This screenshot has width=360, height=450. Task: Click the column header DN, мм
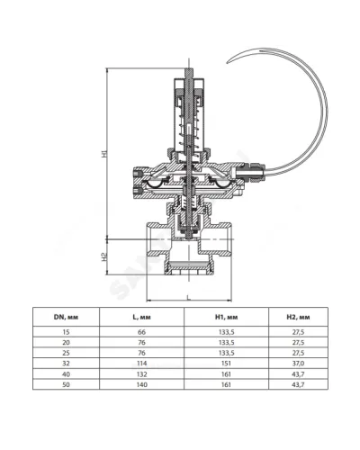click(66, 317)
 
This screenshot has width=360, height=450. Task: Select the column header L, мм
click(141, 317)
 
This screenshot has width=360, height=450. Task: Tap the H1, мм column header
click(226, 317)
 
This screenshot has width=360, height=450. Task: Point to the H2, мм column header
click(298, 317)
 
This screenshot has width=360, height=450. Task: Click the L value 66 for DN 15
click(141, 332)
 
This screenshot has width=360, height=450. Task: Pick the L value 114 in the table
click(141, 364)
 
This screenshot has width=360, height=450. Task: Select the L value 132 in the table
click(141, 374)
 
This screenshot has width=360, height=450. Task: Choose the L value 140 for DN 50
click(141, 384)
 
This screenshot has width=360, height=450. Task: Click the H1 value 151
click(226, 364)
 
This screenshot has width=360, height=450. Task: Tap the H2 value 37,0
click(298, 364)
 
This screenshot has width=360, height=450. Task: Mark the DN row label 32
click(66, 364)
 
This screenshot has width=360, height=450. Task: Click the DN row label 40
click(66, 374)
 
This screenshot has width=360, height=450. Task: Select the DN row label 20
click(66, 343)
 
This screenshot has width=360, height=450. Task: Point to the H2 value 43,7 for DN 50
click(298, 384)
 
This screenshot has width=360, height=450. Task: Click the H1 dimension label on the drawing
click(103, 154)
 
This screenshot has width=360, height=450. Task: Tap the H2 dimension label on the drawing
click(103, 256)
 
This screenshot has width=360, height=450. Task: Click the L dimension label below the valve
click(188, 297)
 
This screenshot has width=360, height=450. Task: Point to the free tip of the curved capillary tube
click(228, 63)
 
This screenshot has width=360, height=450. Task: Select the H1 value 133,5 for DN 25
click(226, 353)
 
